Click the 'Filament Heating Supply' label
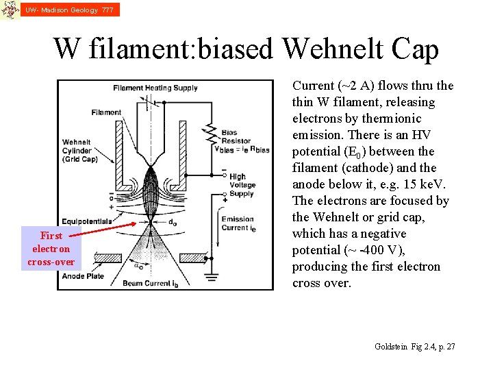coord(155,88)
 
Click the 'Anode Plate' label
coord(83,276)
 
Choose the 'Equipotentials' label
coord(87,221)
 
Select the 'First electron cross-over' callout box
coord(51,249)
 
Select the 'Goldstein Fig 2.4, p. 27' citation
coord(415,347)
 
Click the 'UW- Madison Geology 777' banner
coord(69,10)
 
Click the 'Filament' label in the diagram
coord(106,112)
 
